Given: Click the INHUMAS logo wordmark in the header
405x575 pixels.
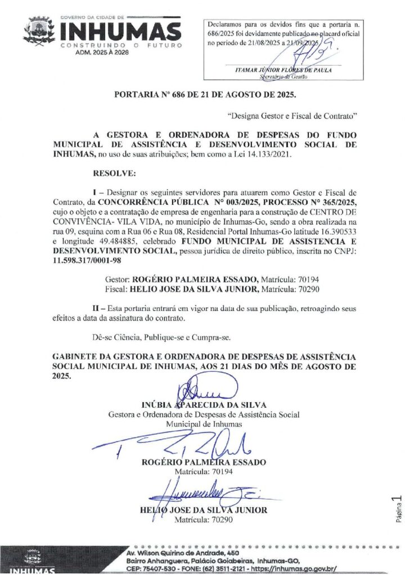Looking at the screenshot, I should click(120, 31).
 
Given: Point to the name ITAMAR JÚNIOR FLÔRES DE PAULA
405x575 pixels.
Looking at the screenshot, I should click(283, 70).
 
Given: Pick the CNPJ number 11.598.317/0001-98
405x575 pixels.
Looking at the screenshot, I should click(89, 261).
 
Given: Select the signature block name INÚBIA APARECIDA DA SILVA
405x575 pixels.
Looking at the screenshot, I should click(204, 404).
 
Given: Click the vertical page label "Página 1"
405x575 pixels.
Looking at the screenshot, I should click(397, 509).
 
